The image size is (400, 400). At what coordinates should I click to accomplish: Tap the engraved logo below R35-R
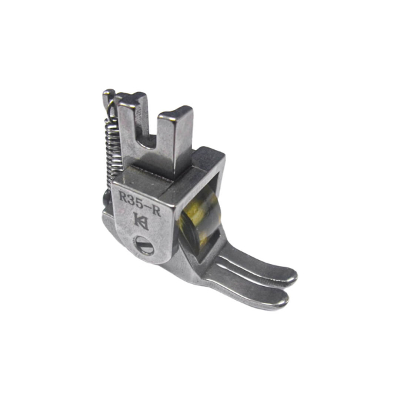click(x=141, y=221)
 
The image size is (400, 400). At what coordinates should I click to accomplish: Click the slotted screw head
click(x=143, y=245)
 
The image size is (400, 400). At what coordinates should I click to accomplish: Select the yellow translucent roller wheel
click(x=200, y=219)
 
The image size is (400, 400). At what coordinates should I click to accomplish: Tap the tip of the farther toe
click(x=291, y=276)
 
